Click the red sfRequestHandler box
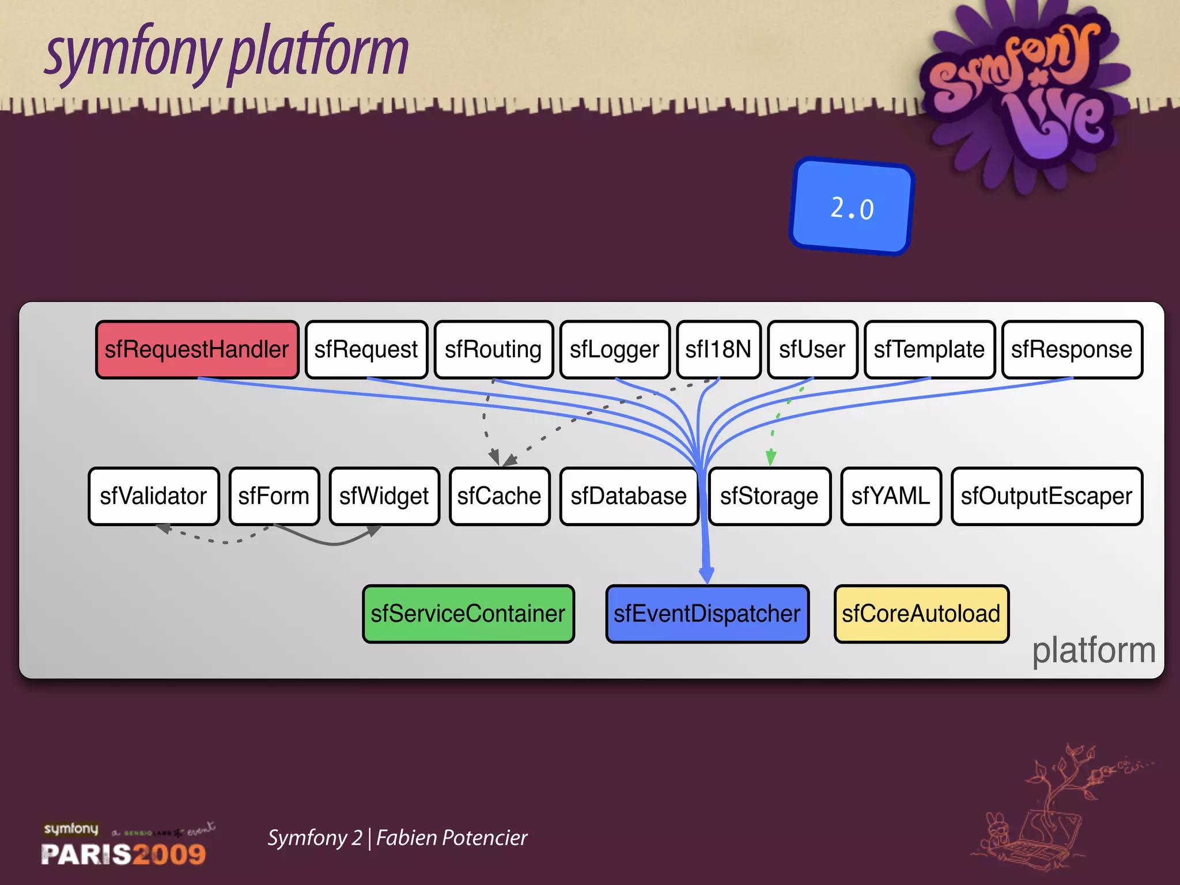(197, 350)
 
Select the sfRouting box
(493, 350)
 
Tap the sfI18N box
(718, 350)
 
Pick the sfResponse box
(1072, 350)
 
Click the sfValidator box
(154, 496)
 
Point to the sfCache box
(499, 496)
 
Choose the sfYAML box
(891, 496)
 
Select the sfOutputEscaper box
(1046, 496)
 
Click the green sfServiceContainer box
(468, 614)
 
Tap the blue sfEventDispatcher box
(707, 614)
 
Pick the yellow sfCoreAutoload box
(921, 614)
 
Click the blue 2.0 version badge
(852, 207)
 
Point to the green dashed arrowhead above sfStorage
(771, 458)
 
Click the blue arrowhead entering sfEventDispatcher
(706, 575)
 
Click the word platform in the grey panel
(1093, 650)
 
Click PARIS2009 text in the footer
(123, 854)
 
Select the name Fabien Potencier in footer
(452, 838)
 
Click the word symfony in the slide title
(133, 55)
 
